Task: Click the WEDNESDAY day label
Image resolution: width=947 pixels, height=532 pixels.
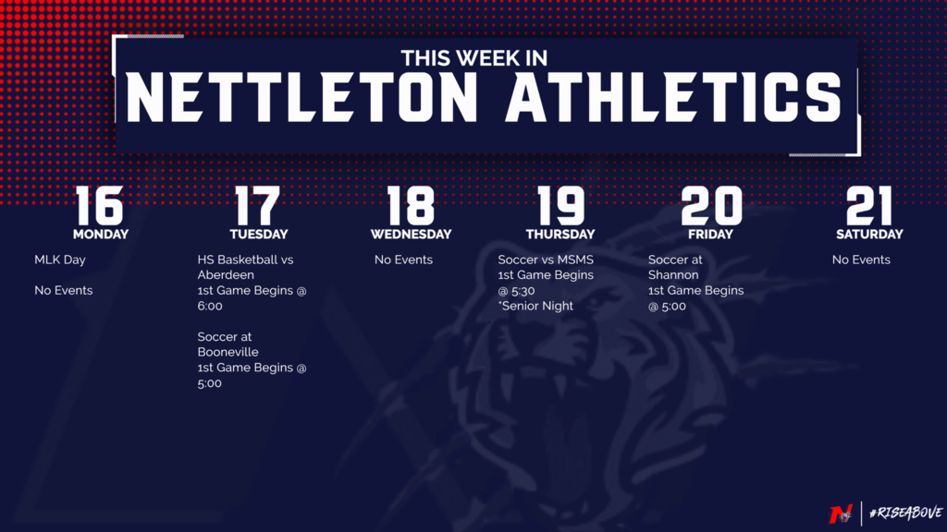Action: [x=411, y=234]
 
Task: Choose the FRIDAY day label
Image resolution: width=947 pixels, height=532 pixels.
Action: [x=710, y=234]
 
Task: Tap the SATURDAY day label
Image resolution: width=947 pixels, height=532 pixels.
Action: [x=869, y=234]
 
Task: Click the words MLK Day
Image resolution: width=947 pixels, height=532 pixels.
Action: [x=60, y=260]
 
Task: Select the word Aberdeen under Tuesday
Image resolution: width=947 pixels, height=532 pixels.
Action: [x=226, y=275]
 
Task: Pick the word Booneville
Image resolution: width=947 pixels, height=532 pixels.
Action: [x=228, y=352]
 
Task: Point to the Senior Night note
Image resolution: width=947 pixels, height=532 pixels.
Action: [x=535, y=306]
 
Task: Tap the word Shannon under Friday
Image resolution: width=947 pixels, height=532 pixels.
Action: [x=673, y=275]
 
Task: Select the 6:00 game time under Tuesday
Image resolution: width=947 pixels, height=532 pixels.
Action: [x=210, y=306]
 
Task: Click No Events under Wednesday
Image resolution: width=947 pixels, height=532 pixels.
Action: [x=403, y=260]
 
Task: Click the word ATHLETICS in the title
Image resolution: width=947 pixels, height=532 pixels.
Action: [x=673, y=97]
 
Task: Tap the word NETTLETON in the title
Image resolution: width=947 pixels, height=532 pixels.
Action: [x=301, y=97]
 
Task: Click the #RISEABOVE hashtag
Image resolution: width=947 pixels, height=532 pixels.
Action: [x=905, y=513]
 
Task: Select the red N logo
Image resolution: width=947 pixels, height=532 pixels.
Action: [x=840, y=514]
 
